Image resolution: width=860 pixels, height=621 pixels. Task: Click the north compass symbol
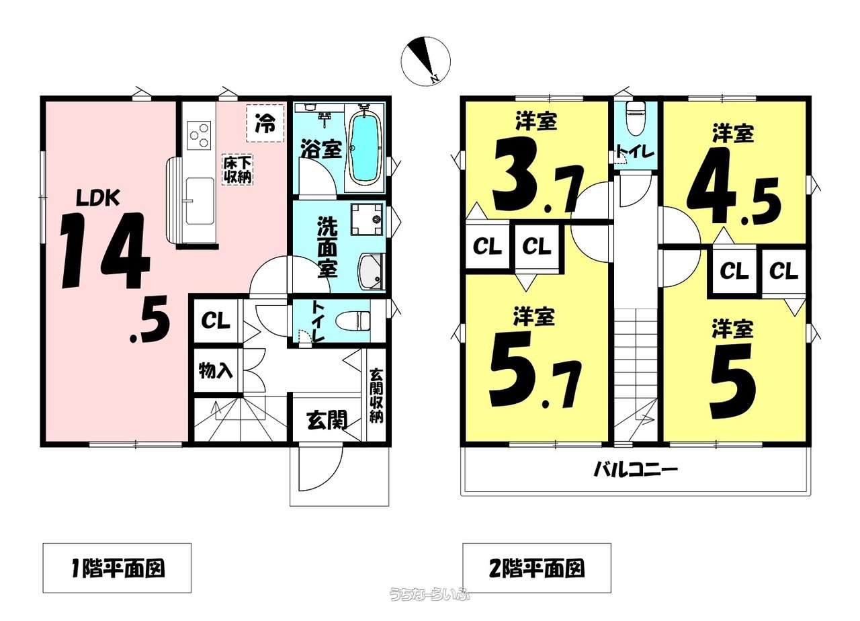tap(425, 61)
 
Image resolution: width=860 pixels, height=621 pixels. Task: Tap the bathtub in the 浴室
tap(366, 149)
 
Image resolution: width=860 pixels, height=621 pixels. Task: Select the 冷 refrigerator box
tap(265, 123)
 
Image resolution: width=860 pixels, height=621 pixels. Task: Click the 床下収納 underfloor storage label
tap(238, 170)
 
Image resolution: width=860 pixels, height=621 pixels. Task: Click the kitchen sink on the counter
tap(200, 201)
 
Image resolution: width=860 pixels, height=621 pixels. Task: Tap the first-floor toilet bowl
tap(353, 321)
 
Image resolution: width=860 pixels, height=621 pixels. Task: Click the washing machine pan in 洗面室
tap(367, 219)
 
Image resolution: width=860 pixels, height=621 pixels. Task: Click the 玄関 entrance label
tap(327, 420)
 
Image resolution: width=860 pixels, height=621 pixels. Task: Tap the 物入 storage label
tap(216, 370)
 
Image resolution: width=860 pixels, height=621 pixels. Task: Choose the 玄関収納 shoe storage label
tap(376, 396)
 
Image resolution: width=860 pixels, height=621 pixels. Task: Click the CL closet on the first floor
tap(216, 321)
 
